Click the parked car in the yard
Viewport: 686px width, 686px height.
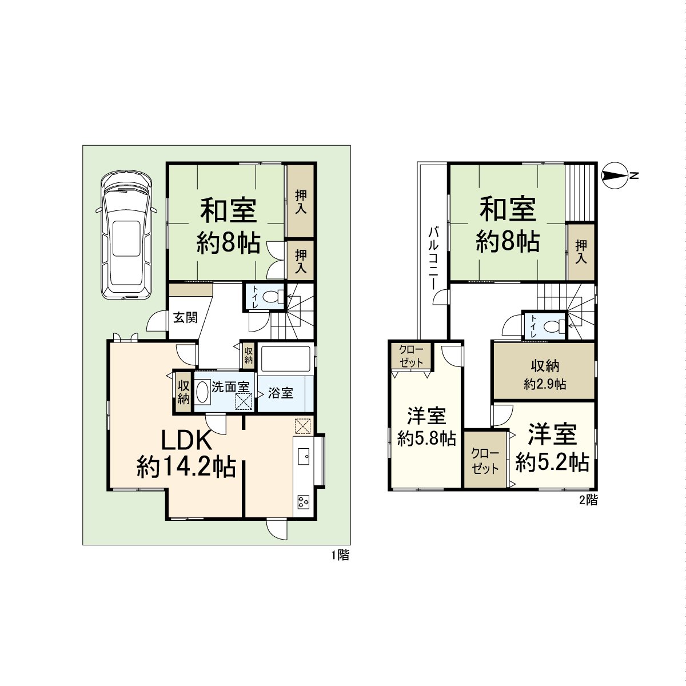[x=126, y=234]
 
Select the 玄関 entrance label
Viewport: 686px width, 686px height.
[x=185, y=318]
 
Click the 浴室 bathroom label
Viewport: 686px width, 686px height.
[x=281, y=393]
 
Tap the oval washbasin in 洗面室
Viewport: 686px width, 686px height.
[x=202, y=392]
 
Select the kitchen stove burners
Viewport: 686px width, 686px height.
[x=303, y=502]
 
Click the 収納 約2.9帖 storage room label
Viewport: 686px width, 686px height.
[x=544, y=374]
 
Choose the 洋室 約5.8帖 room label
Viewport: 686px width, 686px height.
[x=426, y=426]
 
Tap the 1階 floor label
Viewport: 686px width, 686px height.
[x=340, y=555]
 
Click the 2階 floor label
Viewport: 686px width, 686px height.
[x=588, y=501]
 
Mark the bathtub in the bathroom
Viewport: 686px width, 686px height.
[x=284, y=359]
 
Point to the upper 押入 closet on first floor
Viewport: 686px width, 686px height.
[x=300, y=201]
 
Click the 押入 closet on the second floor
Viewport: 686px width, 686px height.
[x=581, y=252]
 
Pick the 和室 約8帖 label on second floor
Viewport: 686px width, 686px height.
[x=508, y=225]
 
